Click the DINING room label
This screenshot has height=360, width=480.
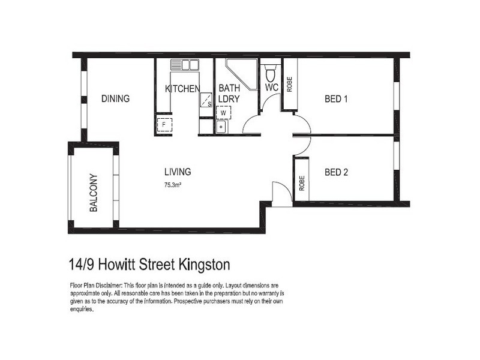[115, 99]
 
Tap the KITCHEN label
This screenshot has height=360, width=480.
[182, 89]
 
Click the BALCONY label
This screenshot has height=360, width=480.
[94, 193]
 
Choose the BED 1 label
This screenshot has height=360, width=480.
[337, 99]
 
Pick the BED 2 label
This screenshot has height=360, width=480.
[337, 172]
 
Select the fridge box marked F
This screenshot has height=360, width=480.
[164, 125]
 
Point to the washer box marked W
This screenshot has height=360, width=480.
[223, 112]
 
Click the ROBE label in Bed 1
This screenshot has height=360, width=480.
[289, 85]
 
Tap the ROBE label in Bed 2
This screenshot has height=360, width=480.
[301, 182]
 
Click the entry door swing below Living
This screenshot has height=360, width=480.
[280, 193]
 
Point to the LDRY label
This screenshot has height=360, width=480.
[229, 99]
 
